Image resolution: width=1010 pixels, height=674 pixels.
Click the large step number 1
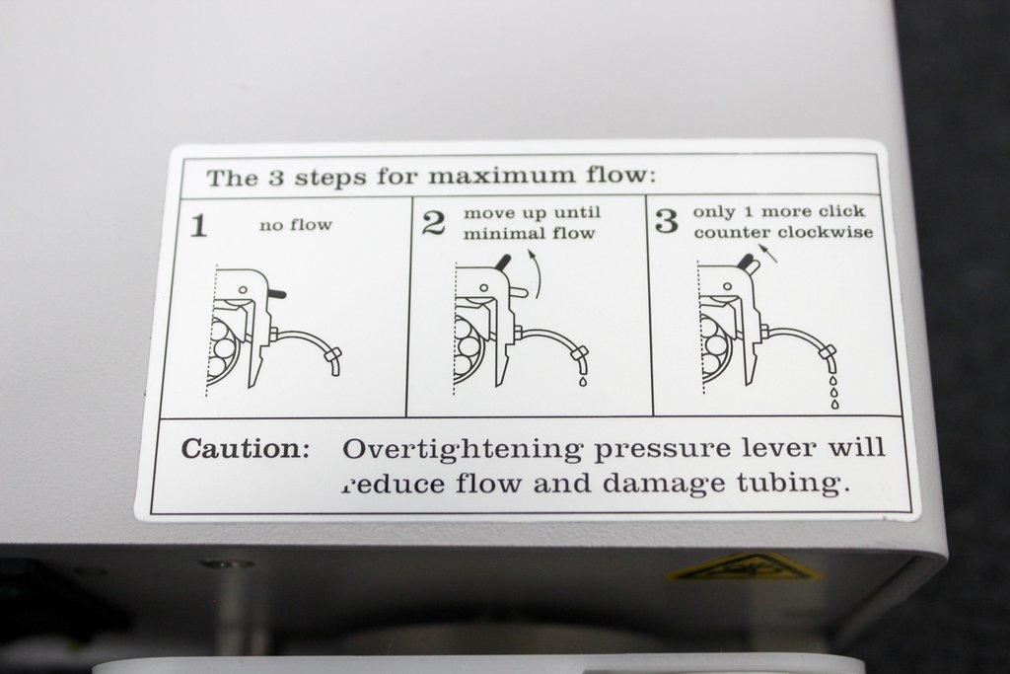click(x=199, y=226)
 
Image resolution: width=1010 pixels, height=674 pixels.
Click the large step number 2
click(x=434, y=223)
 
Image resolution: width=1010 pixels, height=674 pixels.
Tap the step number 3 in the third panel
click(x=667, y=220)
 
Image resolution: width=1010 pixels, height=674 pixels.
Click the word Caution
click(x=246, y=448)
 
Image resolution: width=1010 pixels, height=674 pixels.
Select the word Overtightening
click(x=463, y=450)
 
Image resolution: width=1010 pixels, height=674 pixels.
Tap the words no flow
click(x=296, y=225)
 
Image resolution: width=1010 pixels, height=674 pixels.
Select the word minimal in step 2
click(x=494, y=233)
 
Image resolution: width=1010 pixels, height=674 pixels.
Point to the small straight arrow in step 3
click(x=769, y=253)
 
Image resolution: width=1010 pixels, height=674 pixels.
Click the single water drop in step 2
click(x=583, y=381)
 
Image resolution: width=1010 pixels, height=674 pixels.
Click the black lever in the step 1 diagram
click(x=276, y=293)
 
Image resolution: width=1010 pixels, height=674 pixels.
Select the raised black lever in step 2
click(x=502, y=264)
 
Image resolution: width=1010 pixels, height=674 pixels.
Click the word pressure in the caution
click(x=662, y=450)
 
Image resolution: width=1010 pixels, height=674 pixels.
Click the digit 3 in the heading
click(x=276, y=178)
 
